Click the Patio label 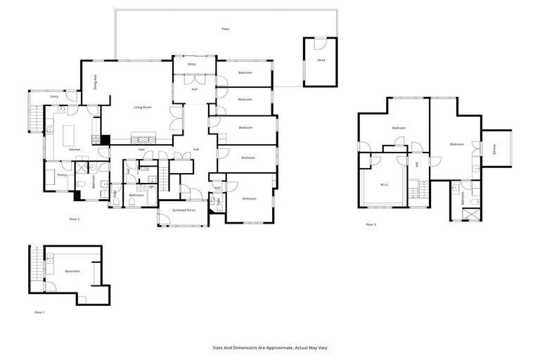226,29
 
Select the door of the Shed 320,43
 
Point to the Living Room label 143,107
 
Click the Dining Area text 96,82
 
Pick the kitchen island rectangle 70,134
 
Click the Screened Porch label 181,210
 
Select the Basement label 72,271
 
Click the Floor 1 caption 39,311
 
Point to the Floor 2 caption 75,220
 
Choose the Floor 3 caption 371,224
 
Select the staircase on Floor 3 421,190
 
